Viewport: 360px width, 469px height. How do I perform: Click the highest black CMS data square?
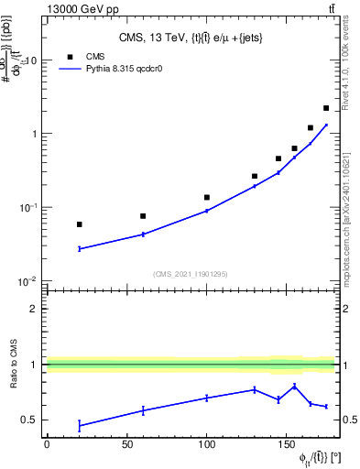point(326,108)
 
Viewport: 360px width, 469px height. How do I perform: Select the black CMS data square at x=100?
point(207,197)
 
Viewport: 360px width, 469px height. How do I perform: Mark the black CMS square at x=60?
point(143,216)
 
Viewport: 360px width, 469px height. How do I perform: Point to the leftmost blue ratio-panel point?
point(79,426)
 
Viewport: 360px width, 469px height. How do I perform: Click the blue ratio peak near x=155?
point(294,386)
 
